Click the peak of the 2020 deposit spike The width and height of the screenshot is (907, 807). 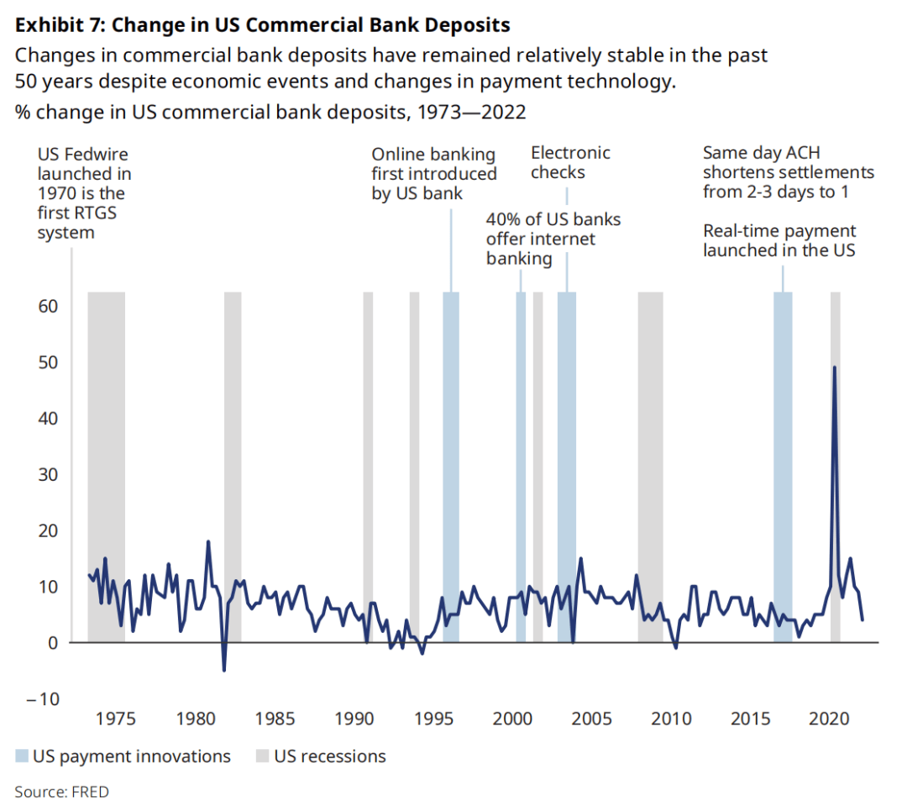click(834, 367)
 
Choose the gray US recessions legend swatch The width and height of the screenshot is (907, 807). click(263, 757)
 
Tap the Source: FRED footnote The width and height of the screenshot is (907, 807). click(61, 791)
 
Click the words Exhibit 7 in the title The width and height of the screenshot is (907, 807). click(59, 25)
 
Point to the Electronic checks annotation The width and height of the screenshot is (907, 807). click(570, 163)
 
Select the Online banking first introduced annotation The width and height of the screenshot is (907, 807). click(434, 174)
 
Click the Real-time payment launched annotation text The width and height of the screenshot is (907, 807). click(779, 240)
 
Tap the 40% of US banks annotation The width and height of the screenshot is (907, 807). click(553, 239)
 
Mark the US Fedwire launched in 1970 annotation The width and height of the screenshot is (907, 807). click(84, 193)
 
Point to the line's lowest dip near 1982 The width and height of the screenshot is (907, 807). click(224, 670)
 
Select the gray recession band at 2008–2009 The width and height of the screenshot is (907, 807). click(650, 462)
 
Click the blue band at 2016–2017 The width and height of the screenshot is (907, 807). click(783, 462)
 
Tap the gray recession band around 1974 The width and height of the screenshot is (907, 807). click(107, 462)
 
